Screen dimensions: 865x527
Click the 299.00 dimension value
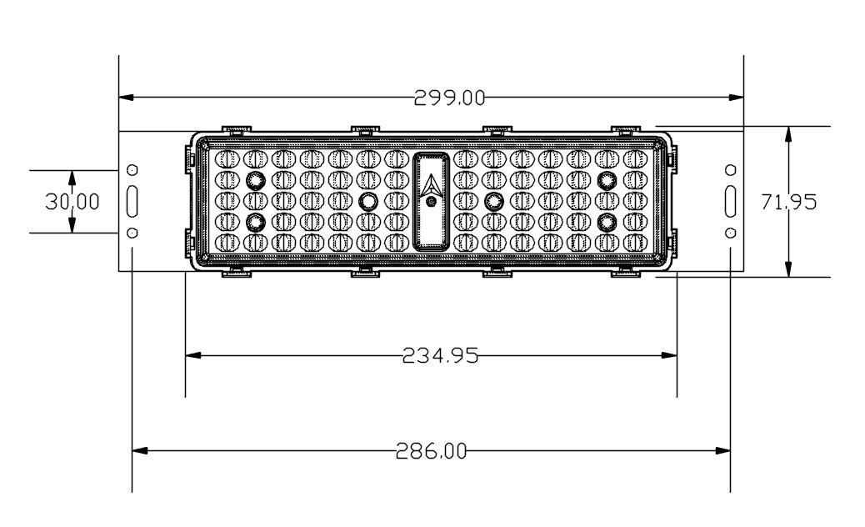pyautogui.click(x=450, y=98)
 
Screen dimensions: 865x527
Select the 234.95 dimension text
pyautogui.click(x=440, y=355)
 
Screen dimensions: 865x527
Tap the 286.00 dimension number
pyautogui.click(x=432, y=451)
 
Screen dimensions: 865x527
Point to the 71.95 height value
pyautogui.click(x=789, y=202)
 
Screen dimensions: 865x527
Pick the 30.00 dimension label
pyautogui.click(x=72, y=202)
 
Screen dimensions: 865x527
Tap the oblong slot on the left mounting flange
pyautogui.click(x=132, y=202)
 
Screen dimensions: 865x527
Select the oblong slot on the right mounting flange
pyautogui.click(x=730, y=202)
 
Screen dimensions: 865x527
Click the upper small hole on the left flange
pyautogui.click(x=132, y=169)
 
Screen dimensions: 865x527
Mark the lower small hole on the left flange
pyautogui.click(x=132, y=233)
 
